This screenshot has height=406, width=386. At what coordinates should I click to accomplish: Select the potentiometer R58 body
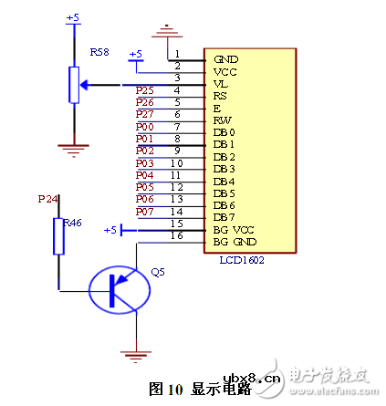[71, 87]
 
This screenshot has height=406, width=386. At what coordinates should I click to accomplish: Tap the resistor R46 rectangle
[59, 236]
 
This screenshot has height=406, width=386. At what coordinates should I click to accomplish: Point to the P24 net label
[47, 198]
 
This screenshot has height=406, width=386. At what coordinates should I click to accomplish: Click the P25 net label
[144, 91]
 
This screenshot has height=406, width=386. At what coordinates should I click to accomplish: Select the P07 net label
[144, 212]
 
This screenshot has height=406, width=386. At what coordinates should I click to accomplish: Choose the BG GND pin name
[233, 242]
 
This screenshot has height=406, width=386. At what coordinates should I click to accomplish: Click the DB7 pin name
[224, 217]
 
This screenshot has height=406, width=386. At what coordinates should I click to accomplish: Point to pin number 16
[177, 235]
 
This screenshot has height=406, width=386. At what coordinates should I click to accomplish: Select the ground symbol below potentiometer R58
[71, 143]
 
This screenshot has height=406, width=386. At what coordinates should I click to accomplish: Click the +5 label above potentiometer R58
[73, 17]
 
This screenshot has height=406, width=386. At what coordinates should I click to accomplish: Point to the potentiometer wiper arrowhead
[83, 86]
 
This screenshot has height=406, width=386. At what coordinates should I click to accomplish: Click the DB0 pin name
[224, 131]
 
